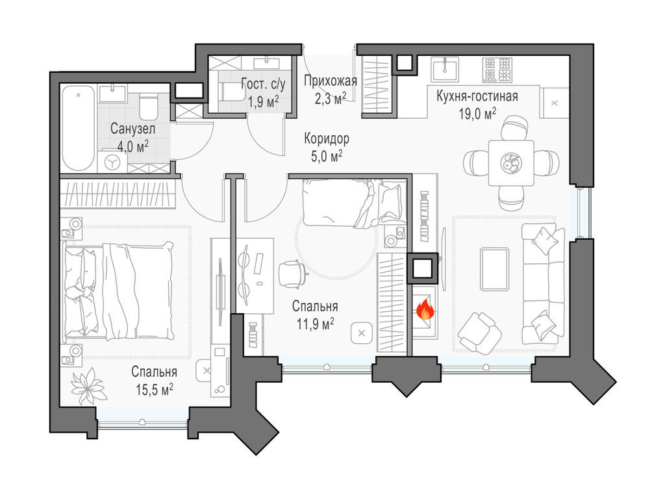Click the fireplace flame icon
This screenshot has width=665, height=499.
425,309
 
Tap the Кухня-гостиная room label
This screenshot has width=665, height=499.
477,96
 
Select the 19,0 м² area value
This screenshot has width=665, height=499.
477,114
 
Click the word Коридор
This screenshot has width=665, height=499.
327,138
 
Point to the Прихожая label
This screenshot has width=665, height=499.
331,80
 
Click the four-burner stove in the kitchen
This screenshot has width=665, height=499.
497,70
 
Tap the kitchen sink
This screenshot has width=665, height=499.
444,70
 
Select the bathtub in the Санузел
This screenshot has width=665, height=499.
78,129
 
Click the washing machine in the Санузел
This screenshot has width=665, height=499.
112,162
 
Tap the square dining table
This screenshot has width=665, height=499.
511,163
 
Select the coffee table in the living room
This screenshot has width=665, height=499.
494,269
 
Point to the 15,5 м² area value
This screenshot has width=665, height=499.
155,389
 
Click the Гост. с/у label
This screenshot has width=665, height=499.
264,84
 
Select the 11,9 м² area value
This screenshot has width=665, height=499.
315,324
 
